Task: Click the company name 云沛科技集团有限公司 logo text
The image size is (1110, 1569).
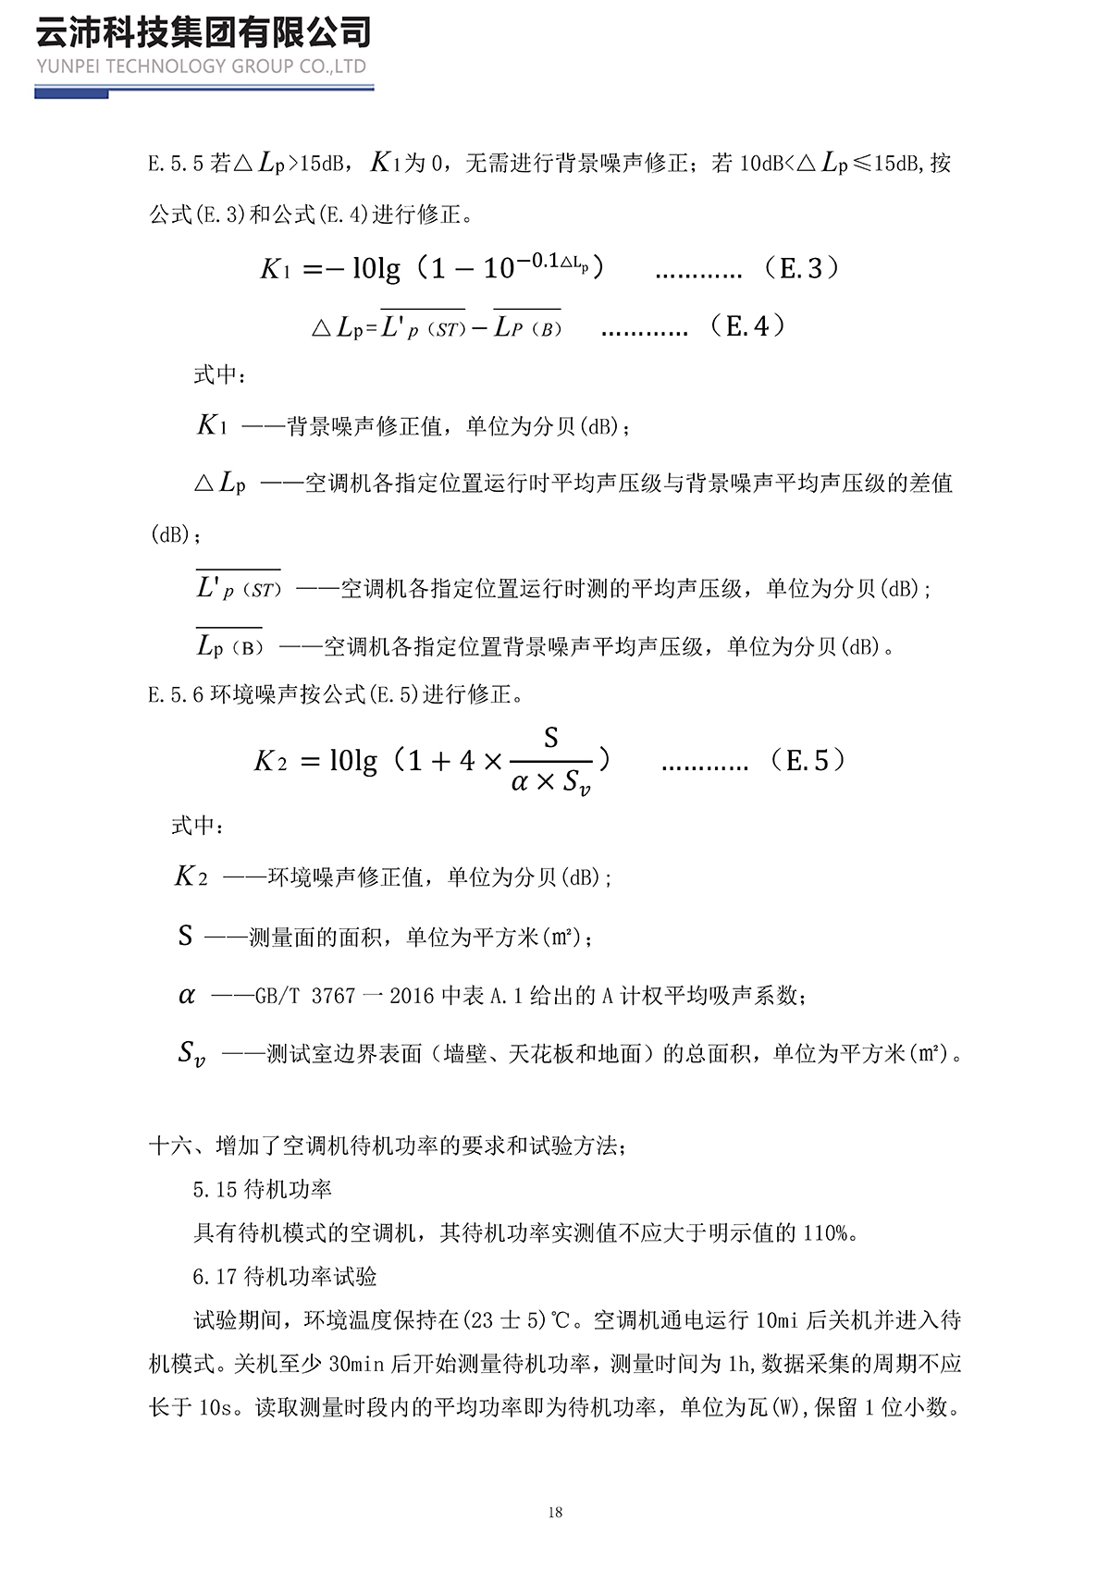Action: tap(203, 32)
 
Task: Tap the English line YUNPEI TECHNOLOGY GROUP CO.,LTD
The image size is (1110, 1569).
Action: tap(202, 67)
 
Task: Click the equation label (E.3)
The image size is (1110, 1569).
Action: tap(802, 268)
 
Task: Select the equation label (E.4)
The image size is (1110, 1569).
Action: tap(747, 325)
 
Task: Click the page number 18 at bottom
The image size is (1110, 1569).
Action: tap(555, 1513)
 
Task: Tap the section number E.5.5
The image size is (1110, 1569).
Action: tap(175, 165)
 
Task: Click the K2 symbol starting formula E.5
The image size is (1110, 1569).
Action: tap(270, 761)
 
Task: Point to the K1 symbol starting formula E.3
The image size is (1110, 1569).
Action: tap(276, 269)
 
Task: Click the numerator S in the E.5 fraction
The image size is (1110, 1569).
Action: tap(551, 738)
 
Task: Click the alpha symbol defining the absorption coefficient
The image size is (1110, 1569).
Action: tap(187, 996)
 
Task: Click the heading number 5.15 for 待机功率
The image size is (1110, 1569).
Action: tap(216, 1190)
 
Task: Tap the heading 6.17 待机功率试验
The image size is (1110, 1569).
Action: tap(285, 1277)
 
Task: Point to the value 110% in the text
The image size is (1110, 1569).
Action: tap(825, 1233)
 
